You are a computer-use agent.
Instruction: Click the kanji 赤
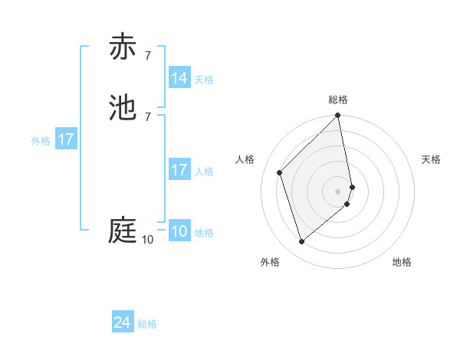123,47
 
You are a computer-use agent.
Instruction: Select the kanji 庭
123,231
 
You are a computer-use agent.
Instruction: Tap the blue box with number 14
179,78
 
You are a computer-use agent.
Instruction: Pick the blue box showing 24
123,323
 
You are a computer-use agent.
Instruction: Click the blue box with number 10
179,231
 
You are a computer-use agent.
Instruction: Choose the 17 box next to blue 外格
66,139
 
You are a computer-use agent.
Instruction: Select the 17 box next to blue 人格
179,170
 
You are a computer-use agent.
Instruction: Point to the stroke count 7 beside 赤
147,56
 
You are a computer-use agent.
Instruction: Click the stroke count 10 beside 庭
147,240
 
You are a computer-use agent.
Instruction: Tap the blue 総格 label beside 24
147,325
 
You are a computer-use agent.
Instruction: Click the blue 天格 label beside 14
204,80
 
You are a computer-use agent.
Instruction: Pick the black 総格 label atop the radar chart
338,100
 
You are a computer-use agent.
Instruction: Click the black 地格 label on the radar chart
402,263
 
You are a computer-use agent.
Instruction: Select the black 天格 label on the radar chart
432,159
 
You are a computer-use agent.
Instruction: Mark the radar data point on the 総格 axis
338,116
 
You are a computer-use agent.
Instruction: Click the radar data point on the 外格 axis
302,242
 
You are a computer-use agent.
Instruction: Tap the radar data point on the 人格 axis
280,172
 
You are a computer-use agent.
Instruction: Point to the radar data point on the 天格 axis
353,186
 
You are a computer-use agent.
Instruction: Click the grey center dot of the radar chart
338,191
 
